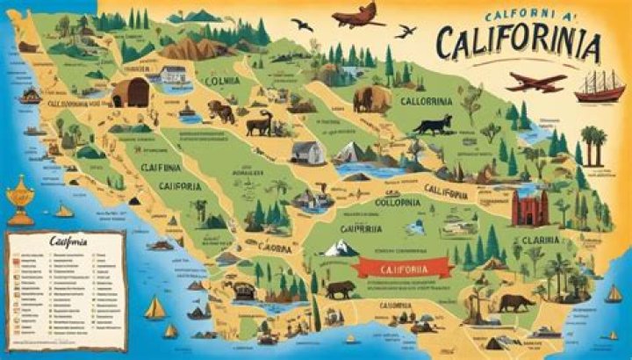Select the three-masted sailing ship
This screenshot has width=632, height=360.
[600, 85]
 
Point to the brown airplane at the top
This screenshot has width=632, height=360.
[357, 15]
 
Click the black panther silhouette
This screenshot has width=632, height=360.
[433, 124]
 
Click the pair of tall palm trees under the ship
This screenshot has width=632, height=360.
[592, 144]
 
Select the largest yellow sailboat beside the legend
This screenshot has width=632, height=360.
[154, 307]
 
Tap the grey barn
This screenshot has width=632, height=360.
[308, 152]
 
